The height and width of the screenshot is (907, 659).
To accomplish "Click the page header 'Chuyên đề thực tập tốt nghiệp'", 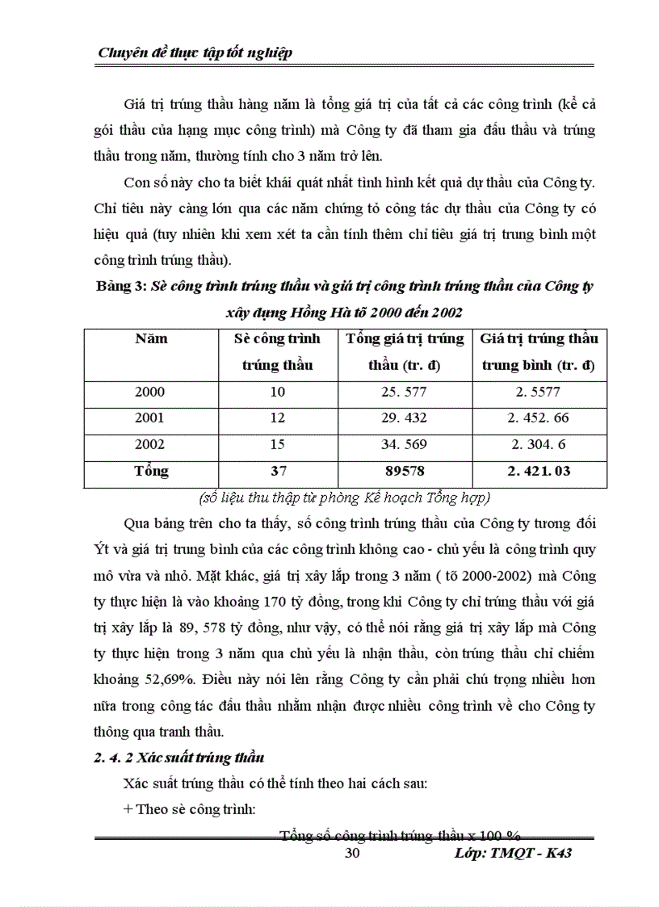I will click(195, 53).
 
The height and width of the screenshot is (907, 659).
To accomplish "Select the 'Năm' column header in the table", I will click(151, 338).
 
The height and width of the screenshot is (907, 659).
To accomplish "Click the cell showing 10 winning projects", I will click(277, 392).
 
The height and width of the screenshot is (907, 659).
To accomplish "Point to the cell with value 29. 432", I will click(404, 418).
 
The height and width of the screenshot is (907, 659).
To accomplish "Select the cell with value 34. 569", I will click(404, 444).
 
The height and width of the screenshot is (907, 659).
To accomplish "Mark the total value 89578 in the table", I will click(404, 471).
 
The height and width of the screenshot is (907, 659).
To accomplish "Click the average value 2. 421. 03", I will click(538, 471).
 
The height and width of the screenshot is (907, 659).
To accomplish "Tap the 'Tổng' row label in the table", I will click(151, 471).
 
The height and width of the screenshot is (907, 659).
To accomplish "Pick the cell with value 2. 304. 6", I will click(538, 444).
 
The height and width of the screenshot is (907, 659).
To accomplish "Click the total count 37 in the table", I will click(277, 471).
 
